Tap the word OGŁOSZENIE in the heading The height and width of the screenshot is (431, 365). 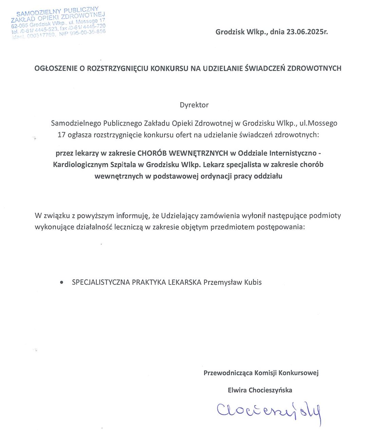tap(55, 68)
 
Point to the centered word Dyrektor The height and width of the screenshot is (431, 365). tap(194, 105)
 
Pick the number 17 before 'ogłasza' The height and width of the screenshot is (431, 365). tap(61, 135)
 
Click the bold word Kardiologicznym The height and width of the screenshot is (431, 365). tap(81, 165)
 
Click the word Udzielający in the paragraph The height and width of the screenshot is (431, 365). tap(180, 216)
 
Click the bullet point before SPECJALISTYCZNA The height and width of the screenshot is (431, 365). tap(61, 283)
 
